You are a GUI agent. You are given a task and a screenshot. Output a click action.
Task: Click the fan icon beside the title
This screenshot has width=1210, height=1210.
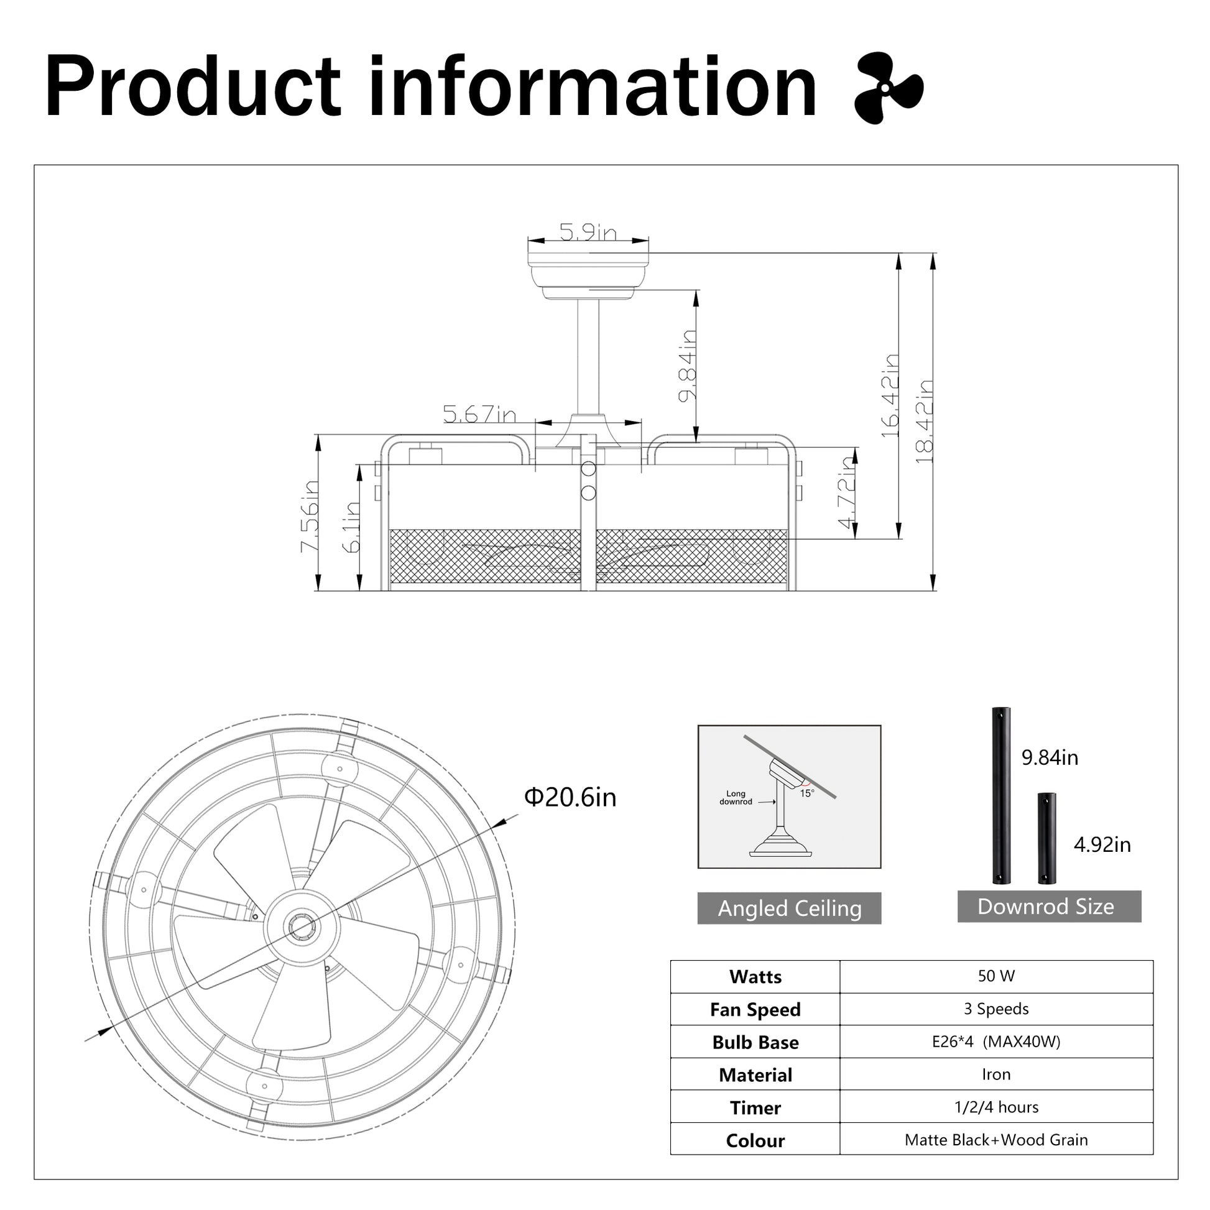click(x=888, y=88)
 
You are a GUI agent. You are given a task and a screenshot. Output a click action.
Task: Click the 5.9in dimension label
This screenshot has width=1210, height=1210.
click(x=588, y=233)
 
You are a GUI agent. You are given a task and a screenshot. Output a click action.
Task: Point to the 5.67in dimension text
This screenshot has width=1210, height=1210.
click(x=479, y=414)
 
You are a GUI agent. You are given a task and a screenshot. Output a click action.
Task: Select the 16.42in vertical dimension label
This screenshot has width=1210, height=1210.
click(x=890, y=396)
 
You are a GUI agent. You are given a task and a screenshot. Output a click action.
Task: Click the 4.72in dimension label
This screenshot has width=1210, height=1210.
click(x=847, y=492)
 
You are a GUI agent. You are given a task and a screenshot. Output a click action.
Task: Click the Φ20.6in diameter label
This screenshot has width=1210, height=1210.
click(x=570, y=797)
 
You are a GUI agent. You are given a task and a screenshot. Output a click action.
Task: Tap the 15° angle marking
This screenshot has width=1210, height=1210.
click(x=807, y=793)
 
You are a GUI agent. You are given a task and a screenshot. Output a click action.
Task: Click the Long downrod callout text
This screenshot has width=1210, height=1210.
click(x=736, y=797)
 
